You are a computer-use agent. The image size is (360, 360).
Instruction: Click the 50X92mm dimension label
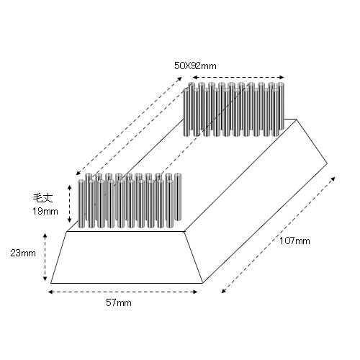[195, 66]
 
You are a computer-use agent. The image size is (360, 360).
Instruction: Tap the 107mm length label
[294, 240]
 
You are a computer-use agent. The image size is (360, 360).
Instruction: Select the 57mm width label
[119, 302]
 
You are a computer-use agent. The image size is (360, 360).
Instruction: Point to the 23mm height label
[23, 253]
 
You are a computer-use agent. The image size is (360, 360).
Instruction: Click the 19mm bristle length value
[45, 211]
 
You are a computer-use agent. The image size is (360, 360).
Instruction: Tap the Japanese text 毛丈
[42, 198]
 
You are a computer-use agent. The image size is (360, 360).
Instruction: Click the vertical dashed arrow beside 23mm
[45, 257]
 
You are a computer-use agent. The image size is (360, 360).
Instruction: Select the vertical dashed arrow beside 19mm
[70, 204]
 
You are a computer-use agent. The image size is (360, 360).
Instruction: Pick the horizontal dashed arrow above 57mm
[122, 292]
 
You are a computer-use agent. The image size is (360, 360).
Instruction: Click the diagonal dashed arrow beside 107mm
[279, 235]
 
